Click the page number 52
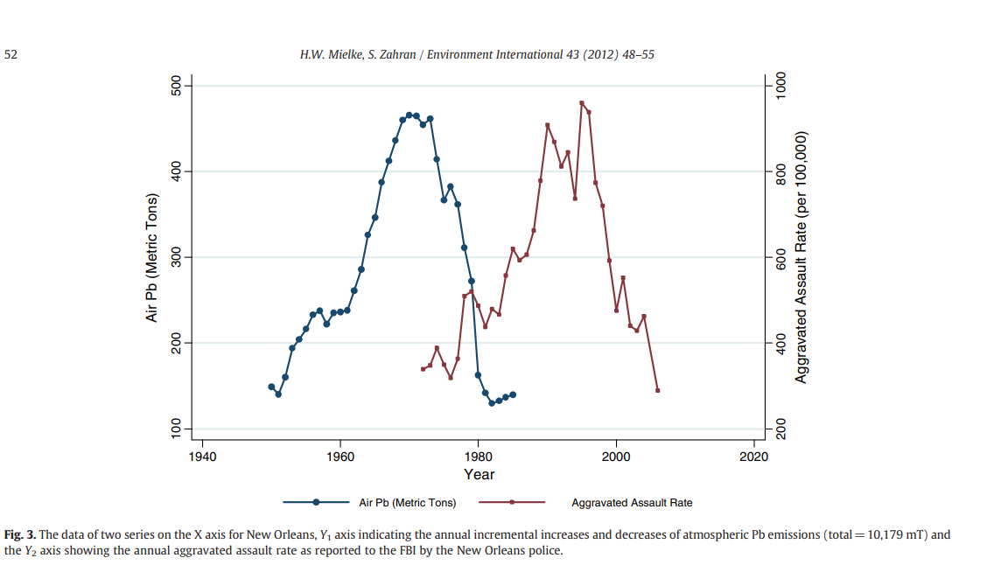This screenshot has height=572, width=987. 10,54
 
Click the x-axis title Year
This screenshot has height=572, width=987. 479,474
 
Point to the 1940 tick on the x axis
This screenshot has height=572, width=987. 202,456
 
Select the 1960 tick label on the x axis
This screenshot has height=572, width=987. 339,456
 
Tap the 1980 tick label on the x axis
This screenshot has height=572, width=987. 478,456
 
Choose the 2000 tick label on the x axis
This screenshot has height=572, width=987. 616,456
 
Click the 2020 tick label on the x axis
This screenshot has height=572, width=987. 753,456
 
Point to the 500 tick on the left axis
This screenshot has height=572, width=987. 176,85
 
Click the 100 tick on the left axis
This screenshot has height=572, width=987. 176,429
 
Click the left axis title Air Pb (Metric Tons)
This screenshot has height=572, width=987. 151,256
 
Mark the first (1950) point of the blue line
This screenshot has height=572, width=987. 271,387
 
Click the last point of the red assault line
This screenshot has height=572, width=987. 658,390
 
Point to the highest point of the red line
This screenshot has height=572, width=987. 582,103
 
